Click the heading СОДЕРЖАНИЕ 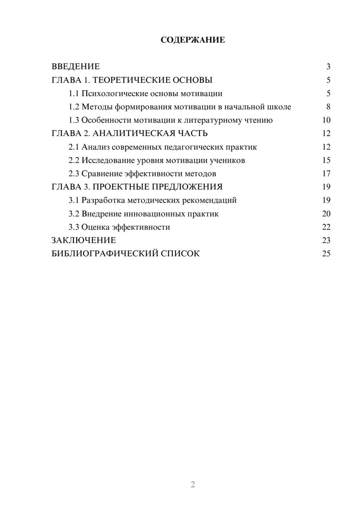(x=193, y=40)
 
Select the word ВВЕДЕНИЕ (x=76, y=67)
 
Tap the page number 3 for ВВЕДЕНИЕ (x=328, y=67)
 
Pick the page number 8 (x=328, y=107)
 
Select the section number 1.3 (x=74, y=120)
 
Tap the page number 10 (x=326, y=120)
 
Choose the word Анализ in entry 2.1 (x=95, y=147)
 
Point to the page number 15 (x=326, y=160)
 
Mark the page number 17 (x=326, y=174)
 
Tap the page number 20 (x=326, y=213)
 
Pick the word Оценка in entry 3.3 (x=95, y=227)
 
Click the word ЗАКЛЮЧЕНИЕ (x=84, y=240)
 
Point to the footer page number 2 (x=193, y=485)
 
